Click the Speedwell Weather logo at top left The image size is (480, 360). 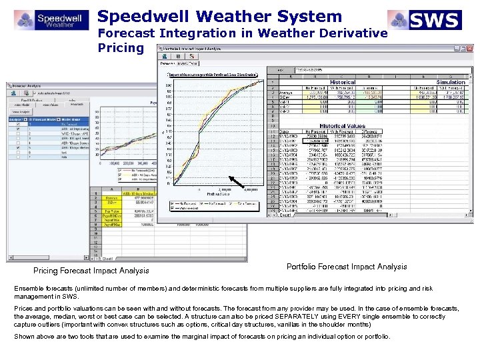(x=50, y=19)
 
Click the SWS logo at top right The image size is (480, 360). (x=425, y=20)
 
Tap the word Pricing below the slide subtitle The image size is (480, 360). (x=121, y=47)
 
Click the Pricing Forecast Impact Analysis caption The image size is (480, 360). (x=91, y=271)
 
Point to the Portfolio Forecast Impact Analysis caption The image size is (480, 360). (x=346, y=267)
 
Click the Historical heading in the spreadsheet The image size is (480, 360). (x=343, y=82)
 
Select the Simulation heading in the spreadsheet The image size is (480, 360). (x=451, y=82)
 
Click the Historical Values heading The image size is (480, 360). (x=342, y=126)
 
